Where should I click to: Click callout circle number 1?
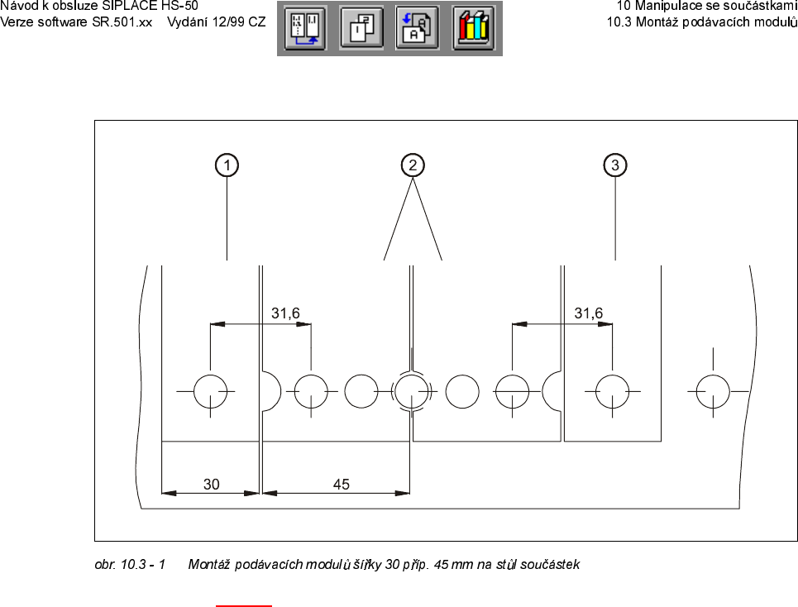point(226,165)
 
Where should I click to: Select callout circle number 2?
point(412,165)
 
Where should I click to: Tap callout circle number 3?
point(615,165)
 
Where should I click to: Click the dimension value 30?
point(212,485)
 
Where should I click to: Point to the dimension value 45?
point(342,485)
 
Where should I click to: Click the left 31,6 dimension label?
point(286,313)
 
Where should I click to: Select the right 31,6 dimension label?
point(589,313)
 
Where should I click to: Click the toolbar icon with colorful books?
point(474,29)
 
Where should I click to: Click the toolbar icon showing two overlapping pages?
point(361,29)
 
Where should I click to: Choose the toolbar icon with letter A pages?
point(418,29)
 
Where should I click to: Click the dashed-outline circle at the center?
point(411,390)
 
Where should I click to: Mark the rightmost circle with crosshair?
point(713,390)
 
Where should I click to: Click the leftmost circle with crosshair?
point(211,390)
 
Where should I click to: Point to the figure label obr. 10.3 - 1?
point(131,565)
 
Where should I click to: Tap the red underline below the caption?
point(244,605)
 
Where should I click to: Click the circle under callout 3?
point(612,390)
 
